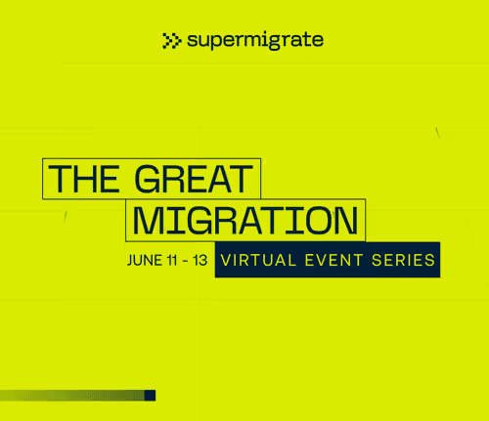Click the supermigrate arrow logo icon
172,40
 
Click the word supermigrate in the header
254,41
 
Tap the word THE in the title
87,179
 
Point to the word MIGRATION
244,220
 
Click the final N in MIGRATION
343,220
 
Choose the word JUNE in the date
145,261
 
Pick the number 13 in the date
200,261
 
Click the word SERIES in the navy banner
400,261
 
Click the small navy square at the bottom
151,396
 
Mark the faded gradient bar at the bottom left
68,396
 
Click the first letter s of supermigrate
193,41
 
